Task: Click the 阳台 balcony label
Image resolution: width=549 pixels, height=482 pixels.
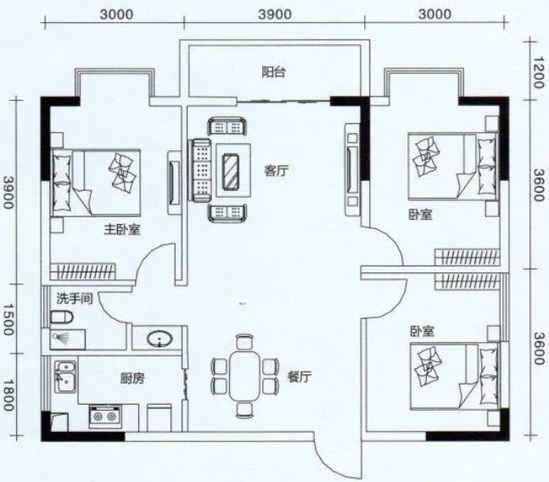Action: [274, 72]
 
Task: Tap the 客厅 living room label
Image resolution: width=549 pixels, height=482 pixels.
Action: [277, 171]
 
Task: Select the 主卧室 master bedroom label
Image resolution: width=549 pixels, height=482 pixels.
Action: [122, 230]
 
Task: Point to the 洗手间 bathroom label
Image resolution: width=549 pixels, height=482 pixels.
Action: [75, 299]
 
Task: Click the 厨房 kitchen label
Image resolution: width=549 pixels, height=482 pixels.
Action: [132, 378]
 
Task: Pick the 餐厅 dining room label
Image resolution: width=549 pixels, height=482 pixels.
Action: [300, 377]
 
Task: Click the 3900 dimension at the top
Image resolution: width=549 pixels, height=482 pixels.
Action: [275, 14]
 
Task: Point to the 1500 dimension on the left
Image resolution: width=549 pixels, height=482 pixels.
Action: [9, 320]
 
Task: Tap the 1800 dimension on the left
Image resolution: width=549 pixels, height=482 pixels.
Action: [9, 395]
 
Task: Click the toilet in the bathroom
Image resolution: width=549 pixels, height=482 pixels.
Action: [62, 317]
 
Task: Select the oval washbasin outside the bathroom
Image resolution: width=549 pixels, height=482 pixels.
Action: [160, 339]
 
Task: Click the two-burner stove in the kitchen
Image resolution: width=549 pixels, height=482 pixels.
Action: [105, 416]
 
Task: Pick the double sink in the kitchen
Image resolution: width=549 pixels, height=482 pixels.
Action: [65, 377]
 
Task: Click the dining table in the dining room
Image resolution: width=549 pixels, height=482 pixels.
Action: [245, 376]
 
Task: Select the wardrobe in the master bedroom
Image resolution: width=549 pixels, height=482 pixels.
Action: [82, 272]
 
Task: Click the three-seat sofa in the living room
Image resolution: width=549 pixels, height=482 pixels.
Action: [200, 171]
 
